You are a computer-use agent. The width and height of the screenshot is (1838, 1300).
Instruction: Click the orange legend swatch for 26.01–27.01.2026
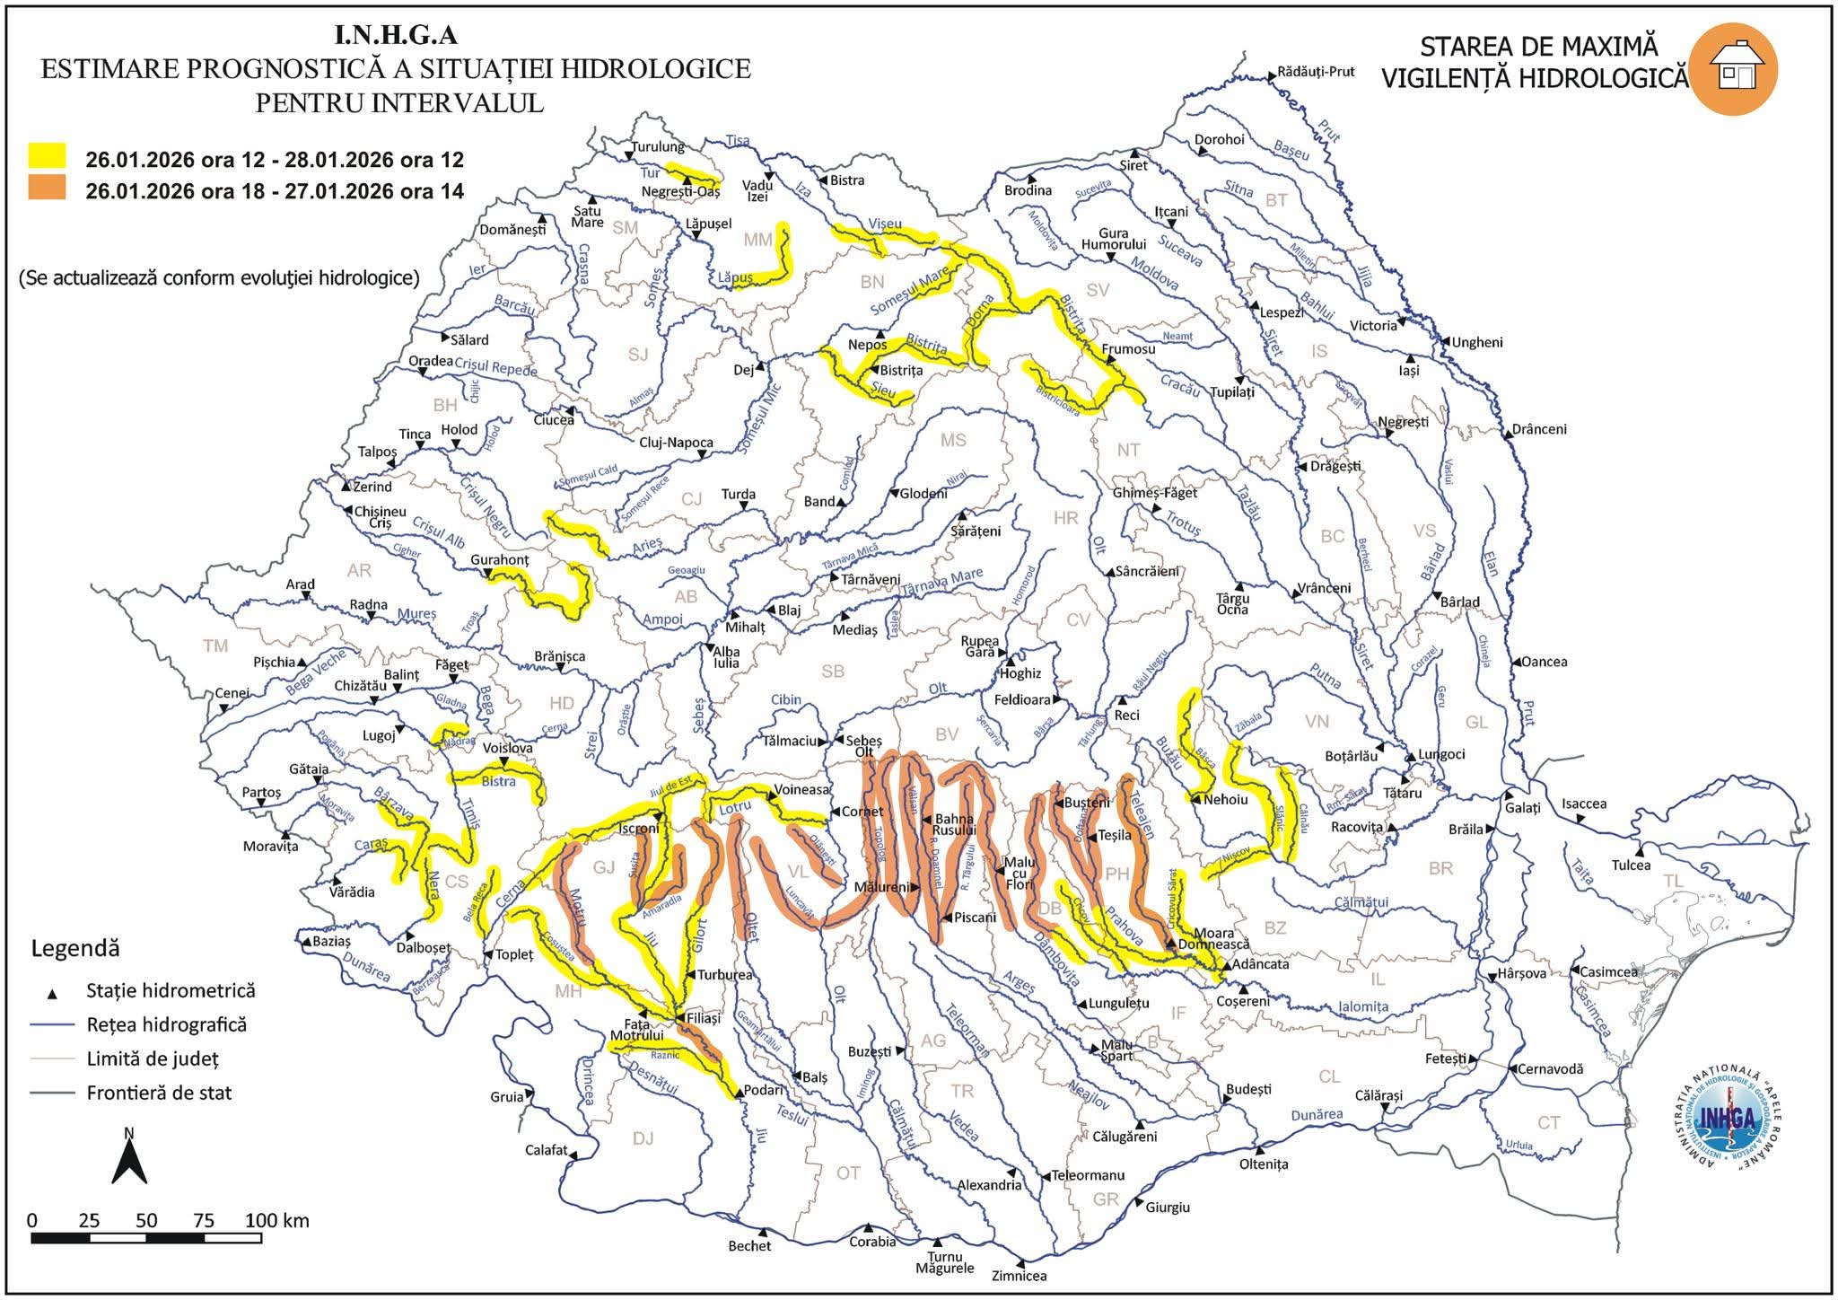click(47, 188)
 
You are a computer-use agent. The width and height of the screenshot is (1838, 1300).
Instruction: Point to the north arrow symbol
click(129, 1158)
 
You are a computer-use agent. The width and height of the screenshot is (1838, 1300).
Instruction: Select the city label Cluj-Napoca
click(676, 443)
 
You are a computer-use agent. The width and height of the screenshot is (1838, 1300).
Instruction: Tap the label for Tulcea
click(1631, 865)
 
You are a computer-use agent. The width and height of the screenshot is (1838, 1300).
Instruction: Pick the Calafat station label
click(547, 1150)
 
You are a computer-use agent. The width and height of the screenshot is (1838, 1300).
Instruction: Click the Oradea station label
click(431, 361)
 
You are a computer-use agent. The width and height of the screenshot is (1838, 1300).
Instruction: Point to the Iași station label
click(1409, 370)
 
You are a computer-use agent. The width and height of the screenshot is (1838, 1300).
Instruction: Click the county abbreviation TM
click(215, 646)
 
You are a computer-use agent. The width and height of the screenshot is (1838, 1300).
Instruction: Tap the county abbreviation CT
click(1548, 1123)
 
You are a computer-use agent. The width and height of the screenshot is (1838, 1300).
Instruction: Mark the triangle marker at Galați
click(1510, 795)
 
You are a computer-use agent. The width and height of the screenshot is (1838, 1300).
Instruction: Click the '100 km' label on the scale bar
click(277, 1221)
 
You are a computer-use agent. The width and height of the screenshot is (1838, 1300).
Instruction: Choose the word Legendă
click(75, 948)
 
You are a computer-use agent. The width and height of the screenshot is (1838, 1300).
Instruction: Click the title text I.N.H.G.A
click(396, 35)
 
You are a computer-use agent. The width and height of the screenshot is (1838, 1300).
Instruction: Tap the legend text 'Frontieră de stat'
click(159, 1093)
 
